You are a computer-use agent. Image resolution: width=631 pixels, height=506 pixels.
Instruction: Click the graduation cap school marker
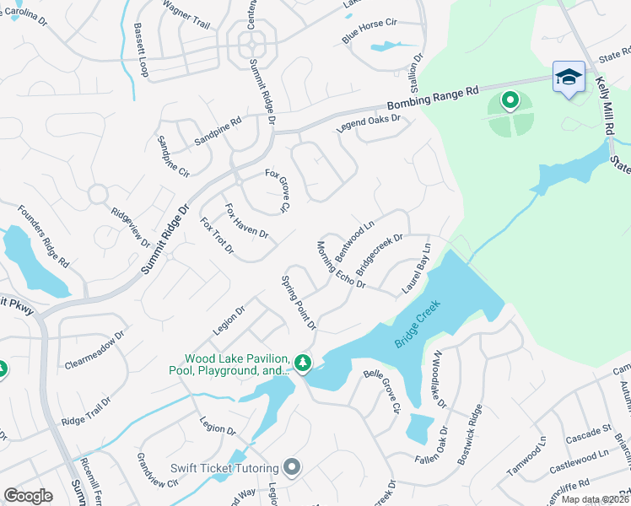(x=569, y=77)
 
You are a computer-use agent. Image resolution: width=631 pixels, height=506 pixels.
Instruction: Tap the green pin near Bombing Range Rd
(x=510, y=102)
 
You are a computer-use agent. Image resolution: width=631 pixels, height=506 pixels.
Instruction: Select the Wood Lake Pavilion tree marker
(x=303, y=363)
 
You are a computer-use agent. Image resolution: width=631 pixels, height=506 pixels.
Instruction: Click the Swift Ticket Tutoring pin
(x=292, y=466)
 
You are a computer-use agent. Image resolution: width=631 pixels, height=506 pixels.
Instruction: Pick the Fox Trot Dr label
(x=217, y=236)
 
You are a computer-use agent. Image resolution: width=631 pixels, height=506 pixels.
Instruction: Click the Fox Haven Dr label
(x=246, y=221)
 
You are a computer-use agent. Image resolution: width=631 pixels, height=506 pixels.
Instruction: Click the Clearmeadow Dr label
(x=94, y=351)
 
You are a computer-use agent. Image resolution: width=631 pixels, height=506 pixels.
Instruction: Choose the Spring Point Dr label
(x=298, y=302)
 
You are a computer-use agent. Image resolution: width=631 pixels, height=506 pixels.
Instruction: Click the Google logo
(x=28, y=496)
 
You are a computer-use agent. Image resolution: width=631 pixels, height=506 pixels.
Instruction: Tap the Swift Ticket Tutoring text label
(x=224, y=469)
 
